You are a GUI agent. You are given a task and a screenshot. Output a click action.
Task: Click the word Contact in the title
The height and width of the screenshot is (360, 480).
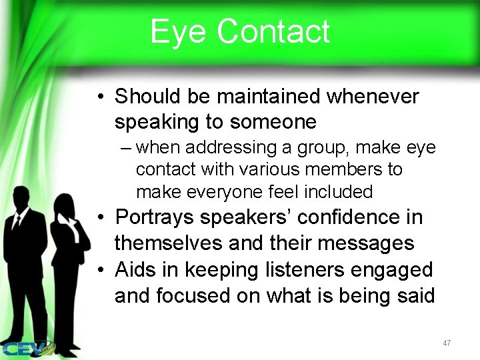coord(273,31)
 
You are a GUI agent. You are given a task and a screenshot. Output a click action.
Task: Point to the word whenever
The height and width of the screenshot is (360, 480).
coord(373,97)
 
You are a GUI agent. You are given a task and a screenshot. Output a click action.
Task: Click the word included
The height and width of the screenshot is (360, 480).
coord(339,192)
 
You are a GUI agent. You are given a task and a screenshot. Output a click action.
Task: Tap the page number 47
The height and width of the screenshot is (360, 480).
coord(447,343)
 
